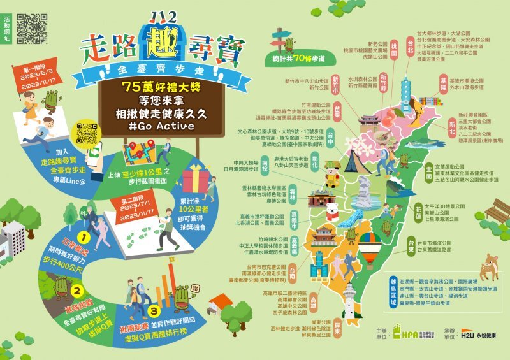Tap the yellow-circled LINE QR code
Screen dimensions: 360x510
86,134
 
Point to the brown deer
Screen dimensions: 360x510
490,266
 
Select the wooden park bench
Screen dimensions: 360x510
497,210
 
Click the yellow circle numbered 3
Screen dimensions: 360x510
154,312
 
